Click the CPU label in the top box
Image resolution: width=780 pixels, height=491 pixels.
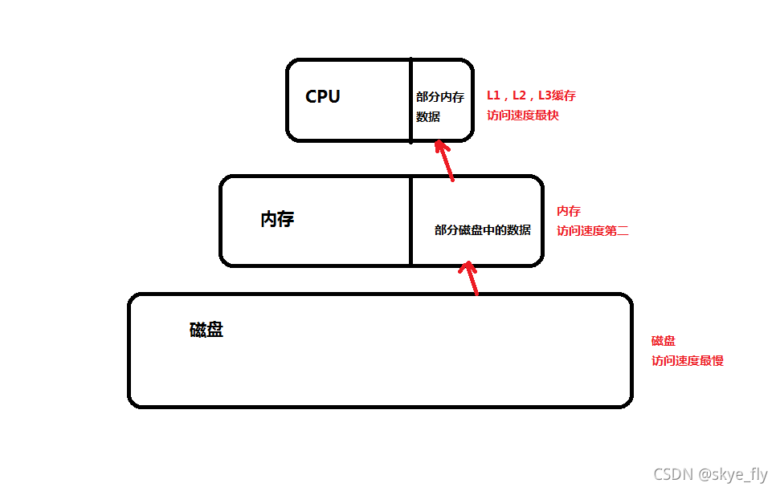tap(323, 97)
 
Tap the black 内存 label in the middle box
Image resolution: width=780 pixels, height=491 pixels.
tap(277, 220)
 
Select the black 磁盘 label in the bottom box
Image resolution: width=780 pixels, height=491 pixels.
tap(206, 330)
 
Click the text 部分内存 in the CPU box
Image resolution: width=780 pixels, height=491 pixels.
tap(439, 97)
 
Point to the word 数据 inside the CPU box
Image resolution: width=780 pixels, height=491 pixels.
tap(428, 117)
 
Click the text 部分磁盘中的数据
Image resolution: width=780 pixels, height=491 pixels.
tap(482, 230)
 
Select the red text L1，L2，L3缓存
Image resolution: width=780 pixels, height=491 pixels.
tap(531, 95)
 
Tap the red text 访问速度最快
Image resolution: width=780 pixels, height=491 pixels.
tap(522, 116)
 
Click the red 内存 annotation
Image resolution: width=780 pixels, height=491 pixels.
tap(569, 211)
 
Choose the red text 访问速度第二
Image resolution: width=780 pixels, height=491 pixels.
tap(592, 231)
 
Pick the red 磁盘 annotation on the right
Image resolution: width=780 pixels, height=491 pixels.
tap(664, 341)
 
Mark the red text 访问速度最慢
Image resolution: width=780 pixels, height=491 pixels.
tap(687, 361)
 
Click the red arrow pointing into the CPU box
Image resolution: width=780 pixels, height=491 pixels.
tap(445, 160)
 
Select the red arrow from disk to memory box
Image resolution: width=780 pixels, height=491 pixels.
tap(471, 278)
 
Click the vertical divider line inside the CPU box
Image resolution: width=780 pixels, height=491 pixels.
tap(411, 100)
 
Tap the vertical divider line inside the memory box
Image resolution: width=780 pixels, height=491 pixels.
tap(411, 221)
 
